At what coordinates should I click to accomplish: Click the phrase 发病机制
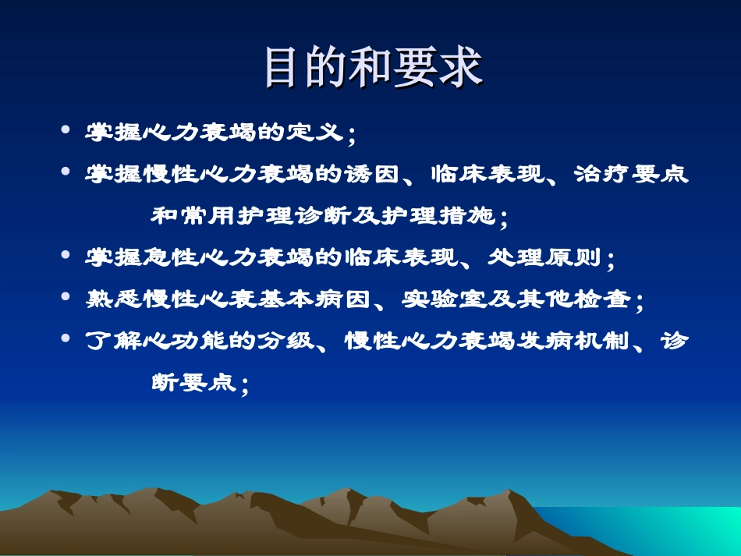tap(573, 342)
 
